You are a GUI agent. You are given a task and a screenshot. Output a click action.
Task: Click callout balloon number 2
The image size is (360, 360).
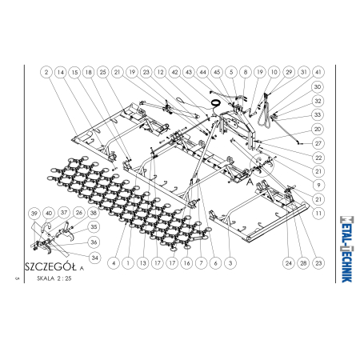46,72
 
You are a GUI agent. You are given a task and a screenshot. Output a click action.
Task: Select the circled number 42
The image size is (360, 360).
174,72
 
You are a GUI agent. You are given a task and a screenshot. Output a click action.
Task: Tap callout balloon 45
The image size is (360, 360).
217,72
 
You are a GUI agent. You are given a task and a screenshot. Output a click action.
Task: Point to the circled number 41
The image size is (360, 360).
318,72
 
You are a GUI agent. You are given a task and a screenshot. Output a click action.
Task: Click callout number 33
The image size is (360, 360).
318,115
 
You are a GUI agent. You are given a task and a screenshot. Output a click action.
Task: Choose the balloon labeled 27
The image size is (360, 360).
318,143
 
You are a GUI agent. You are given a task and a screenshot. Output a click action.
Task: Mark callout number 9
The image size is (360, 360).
318,185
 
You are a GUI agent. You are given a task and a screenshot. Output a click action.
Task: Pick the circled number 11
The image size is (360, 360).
318,214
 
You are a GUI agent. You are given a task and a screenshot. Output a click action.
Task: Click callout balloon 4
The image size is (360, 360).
114,263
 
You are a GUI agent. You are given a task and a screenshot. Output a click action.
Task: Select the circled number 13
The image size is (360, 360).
142,263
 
